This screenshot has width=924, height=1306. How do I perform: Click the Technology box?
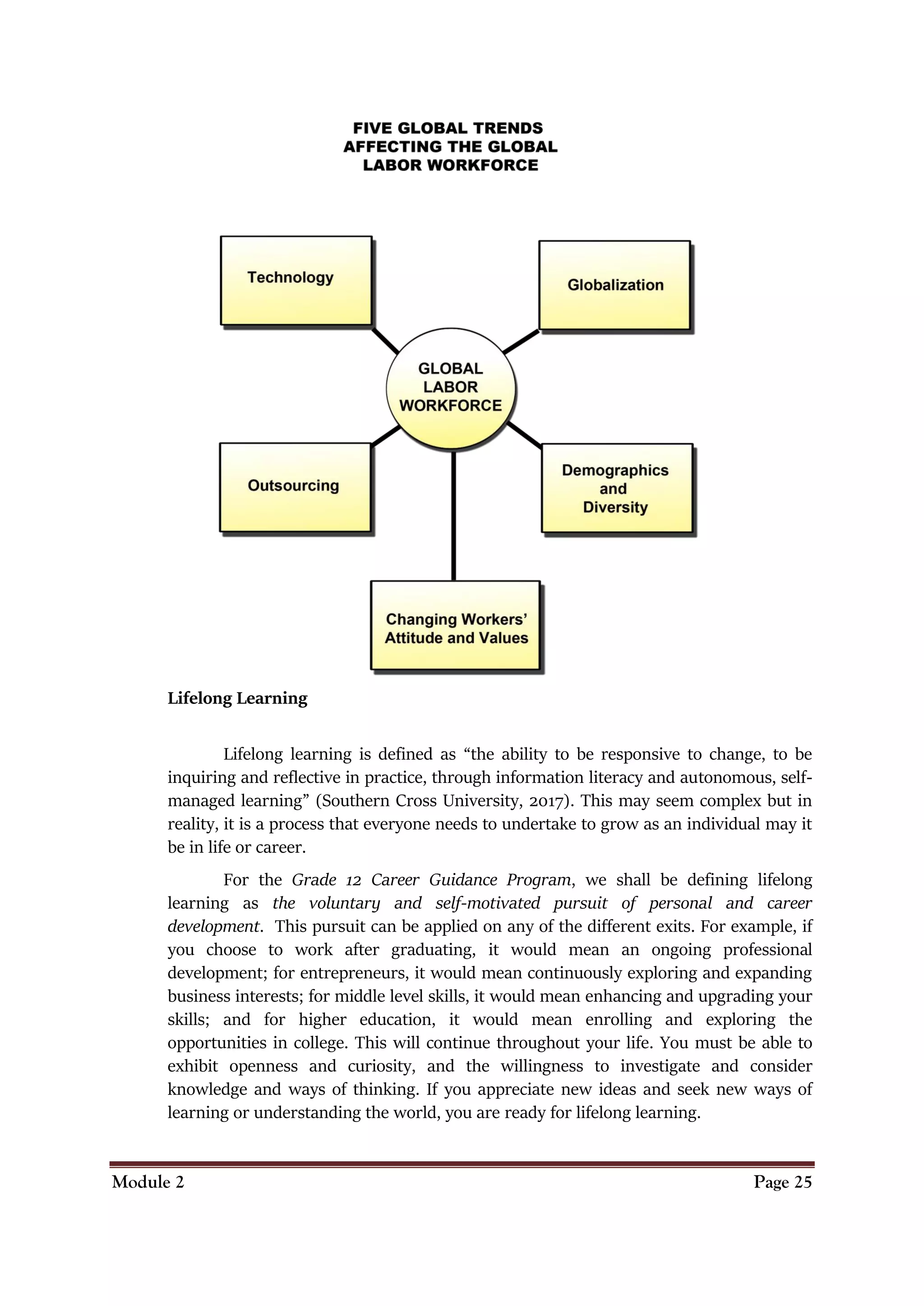tap(296, 281)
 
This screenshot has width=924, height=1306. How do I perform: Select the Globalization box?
tap(614, 285)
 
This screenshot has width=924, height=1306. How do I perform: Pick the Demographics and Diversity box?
tap(617, 488)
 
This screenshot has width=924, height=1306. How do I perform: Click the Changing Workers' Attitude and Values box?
tap(455, 625)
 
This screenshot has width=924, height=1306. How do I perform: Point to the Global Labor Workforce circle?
tap(451, 388)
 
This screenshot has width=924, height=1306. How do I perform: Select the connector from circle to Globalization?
tap(521, 342)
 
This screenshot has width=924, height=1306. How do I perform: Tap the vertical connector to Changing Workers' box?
tap(453, 515)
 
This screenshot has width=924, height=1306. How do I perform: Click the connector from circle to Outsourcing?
tap(386, 435)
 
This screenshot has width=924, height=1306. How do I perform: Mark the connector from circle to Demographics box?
tap(524, 435)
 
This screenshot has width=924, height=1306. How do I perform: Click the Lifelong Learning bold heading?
tap(237, 698)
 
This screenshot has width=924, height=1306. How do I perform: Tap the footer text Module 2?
tap(148, 1182)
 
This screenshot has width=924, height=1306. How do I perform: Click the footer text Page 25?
tap(782, 1182)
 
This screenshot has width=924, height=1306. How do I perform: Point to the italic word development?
tap(213, 927)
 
